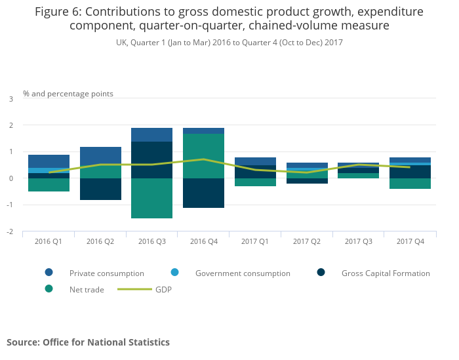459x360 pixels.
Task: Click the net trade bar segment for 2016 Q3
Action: tap(151, 198)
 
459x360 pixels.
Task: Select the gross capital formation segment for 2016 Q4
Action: tap(203, 193)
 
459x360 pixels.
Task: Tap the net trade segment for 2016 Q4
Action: tap(203, 156)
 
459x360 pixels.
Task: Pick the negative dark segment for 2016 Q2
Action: tap(100, 189)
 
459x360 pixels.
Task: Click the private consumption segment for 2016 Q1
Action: tap(49, 161)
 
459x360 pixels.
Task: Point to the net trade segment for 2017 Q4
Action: tap(410, 184)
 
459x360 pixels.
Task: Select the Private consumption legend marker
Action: tap(49, 273)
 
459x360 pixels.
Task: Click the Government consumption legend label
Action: tap(243, 273)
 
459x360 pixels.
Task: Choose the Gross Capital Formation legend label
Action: tap(386, 273)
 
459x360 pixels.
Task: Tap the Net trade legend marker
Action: tap(49, 289)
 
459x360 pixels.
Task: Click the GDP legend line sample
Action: tap(133, 289)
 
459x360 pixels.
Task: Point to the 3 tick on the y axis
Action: tap(10, 99)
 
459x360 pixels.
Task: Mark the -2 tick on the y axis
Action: tap(10, 232)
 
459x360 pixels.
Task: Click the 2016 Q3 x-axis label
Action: tap(151, 242)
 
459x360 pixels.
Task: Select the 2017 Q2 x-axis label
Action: tap(307, 242)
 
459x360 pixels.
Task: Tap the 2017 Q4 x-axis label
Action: tap(410, 242)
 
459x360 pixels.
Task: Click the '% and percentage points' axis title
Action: tap(68, 94)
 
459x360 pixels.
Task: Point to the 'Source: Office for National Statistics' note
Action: tap(88, 342)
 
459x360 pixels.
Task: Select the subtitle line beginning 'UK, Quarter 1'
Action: tap(229, 43)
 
